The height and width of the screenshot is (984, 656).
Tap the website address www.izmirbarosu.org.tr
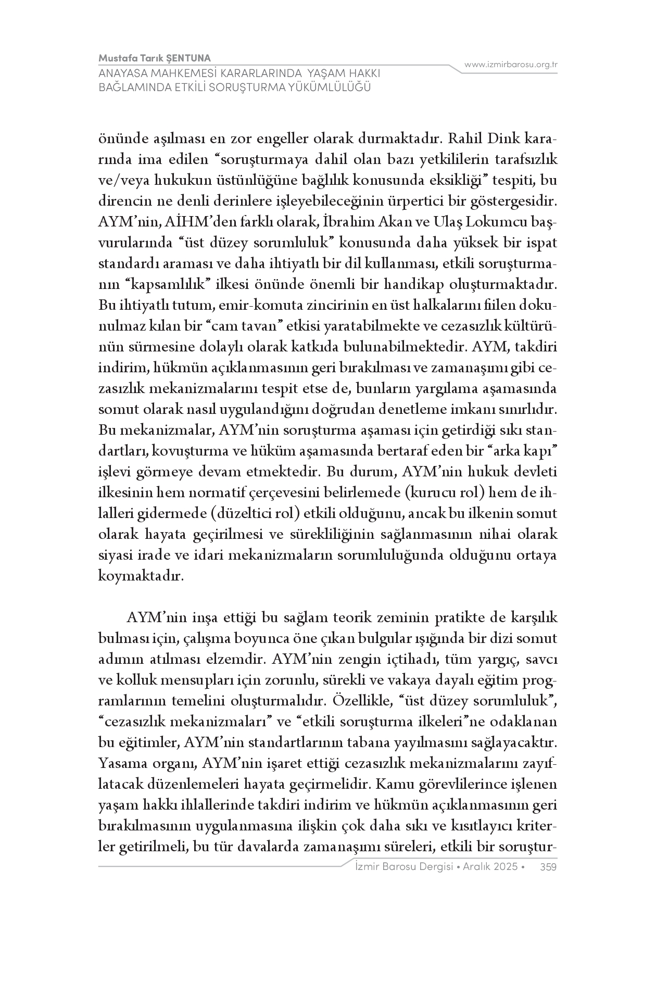511,65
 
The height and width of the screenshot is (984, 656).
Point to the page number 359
549,867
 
